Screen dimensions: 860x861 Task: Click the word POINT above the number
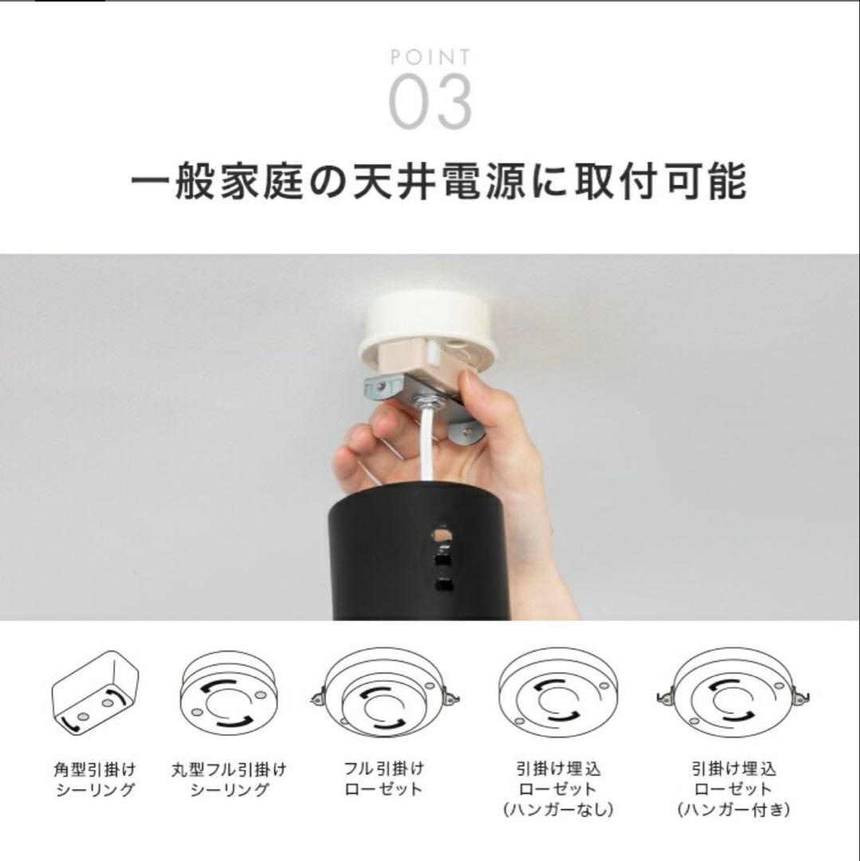pyautogui.click(x=430, y=57)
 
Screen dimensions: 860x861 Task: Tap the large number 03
pyautogui.click(x=430, y=102)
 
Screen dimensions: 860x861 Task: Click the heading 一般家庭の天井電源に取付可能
pyautogui.click(x=438, y=180)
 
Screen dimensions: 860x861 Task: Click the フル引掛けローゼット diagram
pyautogui.click(x=385, y=694)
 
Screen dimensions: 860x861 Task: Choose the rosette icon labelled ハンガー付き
pyautogui.click(x=733, y=694)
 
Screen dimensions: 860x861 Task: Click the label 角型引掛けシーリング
pyautogui.click(x=95, y=780)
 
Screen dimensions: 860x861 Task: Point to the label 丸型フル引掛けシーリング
pyautogui.click(x=229, y=780)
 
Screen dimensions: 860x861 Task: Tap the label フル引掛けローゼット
pyautogui.click(x=384, y=779)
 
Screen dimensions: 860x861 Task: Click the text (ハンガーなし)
pyautogui.click(x=558, y=810)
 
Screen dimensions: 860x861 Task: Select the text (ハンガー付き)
pyautogui.click(x=733, y=810)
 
